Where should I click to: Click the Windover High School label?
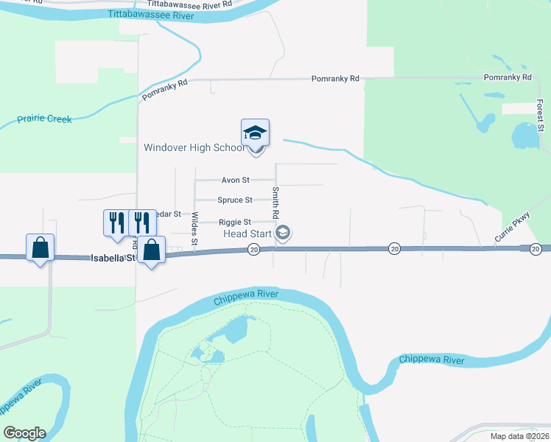pyautogui.click(x=194, y=147)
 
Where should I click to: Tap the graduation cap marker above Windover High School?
pyautogui.click(x=255, y=133)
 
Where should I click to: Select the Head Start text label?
pyautogui.click(x=247, y=234)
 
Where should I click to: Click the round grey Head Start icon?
pyautogui.click(x=282, y=234)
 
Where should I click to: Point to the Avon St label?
pyautogui.click(x=236, y=180)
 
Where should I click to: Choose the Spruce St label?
pyautogui.click(x=235, y=200)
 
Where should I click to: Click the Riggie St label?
pyautogui.click(x=235, y=222)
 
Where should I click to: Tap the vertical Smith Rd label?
pyautogui.click(x=275, y=200)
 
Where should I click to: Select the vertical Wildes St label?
pyautogui.click(x=194, y=228)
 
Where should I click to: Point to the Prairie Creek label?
pyautogui.click(x=45, y=119)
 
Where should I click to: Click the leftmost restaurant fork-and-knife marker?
pyautogui.click(x=116, y=222)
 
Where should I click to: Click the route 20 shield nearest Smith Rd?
pyautogui.click(x=253, y=250)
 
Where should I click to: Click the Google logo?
pyautogui.click(x=24, y=433)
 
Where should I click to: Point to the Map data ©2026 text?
pyautogui.click(x=519, y=436)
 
